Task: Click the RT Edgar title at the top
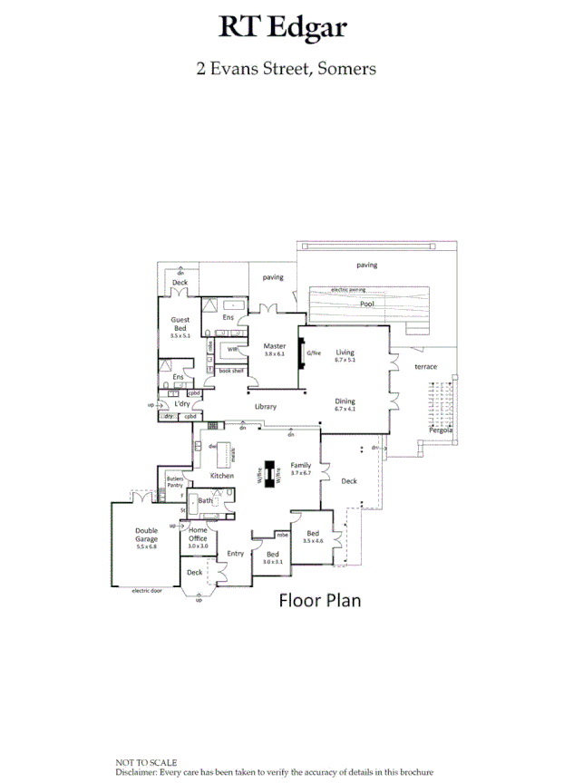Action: (282, 28)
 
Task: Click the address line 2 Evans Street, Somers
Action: (286, 68)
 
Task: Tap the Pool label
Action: (365, 304)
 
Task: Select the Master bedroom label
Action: (274, 346)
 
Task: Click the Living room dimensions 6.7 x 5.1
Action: (345, 360)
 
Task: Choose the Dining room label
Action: (345, 401)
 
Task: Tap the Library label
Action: (265, 407)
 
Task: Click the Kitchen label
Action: (222, 476)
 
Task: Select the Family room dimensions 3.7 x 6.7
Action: (300, 473)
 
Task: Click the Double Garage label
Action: (146, 535)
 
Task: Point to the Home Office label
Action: (198, 535)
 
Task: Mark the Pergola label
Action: (442, 430)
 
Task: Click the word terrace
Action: (425, 367)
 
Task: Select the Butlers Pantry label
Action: (175, 482)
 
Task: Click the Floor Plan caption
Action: (319, 600)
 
